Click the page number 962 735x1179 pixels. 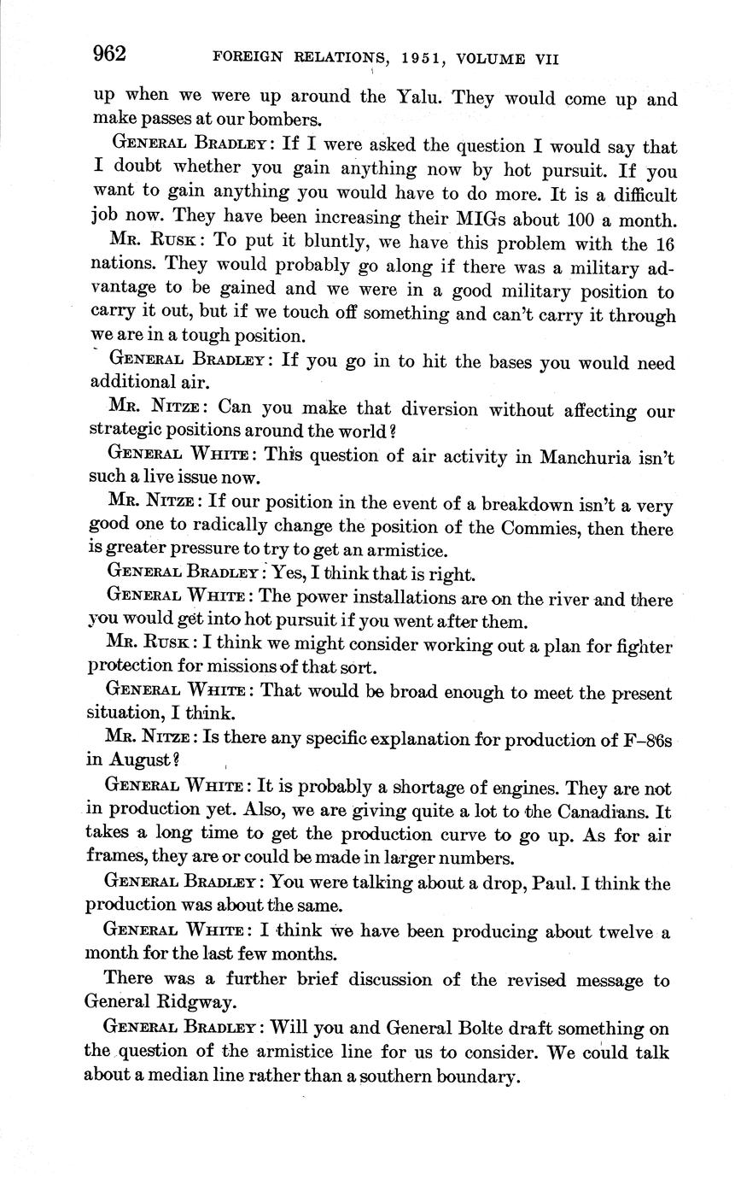click(109, 55)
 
